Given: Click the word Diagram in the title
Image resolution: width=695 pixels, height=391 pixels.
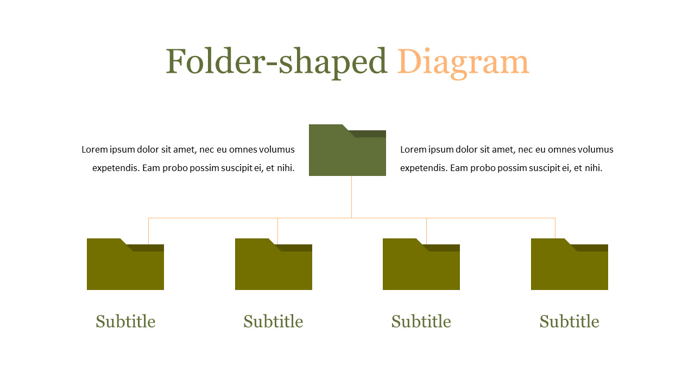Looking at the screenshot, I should [463, 61].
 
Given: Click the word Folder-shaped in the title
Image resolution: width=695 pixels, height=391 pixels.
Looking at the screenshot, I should [276, 61].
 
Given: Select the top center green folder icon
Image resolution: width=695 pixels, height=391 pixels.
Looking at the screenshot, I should [347, 155].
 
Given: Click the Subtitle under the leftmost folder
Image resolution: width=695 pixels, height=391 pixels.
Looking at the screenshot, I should [125, 321].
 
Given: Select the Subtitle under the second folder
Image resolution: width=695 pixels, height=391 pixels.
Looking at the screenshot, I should [273, 321].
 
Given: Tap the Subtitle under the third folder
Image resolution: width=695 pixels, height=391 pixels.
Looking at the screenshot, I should [421, 321].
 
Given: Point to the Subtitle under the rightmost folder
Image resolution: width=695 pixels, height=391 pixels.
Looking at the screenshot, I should [569, 321].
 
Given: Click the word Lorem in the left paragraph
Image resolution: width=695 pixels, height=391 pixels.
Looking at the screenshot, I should [93, 149].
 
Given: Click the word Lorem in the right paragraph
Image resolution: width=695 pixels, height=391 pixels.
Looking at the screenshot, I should [412, 149].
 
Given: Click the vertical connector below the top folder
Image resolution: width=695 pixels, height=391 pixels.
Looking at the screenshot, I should [351, 197].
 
